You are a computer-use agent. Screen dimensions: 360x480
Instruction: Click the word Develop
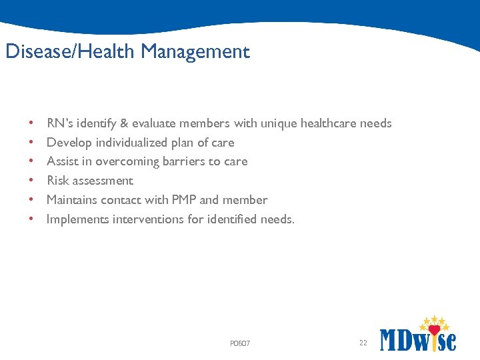69,143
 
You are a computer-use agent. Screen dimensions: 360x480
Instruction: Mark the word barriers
187,161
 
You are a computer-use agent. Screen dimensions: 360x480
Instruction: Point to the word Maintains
72,200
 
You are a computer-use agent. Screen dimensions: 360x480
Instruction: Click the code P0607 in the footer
240,343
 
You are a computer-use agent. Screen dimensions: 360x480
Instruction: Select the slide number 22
363,343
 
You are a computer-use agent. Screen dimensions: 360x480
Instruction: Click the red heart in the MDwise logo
435,330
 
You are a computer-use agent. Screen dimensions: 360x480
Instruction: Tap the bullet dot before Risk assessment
32,181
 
